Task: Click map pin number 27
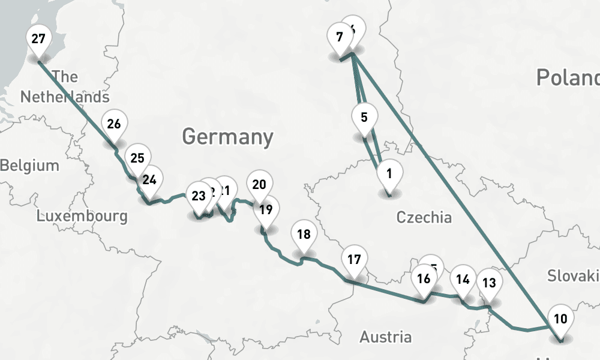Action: coord(38,40)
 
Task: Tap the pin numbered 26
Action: coord(114,125)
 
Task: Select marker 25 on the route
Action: coord(137,159)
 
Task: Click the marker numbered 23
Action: coord(198,196)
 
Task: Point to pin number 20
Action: coord(259,185)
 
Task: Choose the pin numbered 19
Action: coord(266,210)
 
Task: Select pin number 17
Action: coord(354,260)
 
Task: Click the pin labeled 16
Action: coord(424,279)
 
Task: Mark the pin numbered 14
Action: coord(463,280)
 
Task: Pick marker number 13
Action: coord(489,283)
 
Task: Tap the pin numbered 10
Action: coord(560,319)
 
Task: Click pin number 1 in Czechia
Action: coord(389,175)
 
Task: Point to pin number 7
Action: coord(340,37)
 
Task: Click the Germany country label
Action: coord(227,137)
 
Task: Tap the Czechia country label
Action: coord(424,217)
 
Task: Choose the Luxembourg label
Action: coord(82,215)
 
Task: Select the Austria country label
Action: coord(386,337)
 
